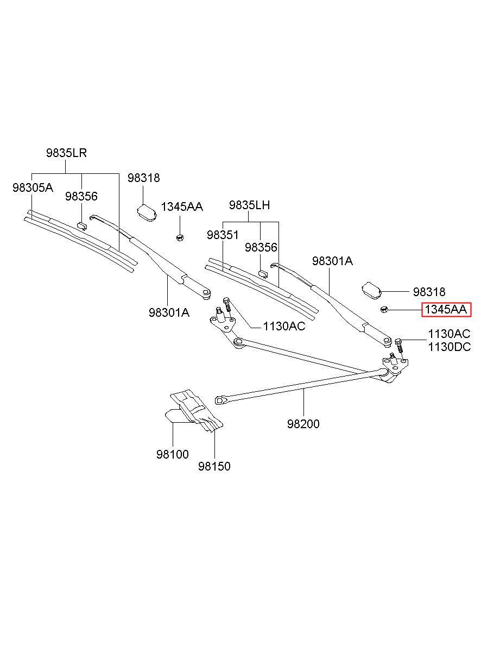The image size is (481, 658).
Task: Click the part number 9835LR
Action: (x=66, y=153)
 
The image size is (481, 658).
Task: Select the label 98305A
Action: (x=33, y=187)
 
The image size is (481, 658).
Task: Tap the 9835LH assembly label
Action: (x=249, y=205)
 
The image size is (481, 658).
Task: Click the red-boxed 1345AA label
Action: (x=446, y=310)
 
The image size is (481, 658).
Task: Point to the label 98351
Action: (x=223, y=235)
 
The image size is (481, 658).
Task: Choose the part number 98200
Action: (x=303, y=424)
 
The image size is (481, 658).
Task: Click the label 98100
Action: (x=173, y=454)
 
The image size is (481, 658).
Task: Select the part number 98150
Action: (x=214, y=466)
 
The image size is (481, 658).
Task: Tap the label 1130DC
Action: (x=450, y=347)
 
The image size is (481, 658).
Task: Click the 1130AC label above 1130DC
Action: (x=450, y=334)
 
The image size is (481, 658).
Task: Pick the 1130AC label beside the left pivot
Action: (x=284, y=326)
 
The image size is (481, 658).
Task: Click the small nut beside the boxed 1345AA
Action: (x=384, y=309)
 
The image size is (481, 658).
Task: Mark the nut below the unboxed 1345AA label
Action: (x=180, y=237)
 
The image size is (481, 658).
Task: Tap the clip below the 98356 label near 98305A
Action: (x=82, y=226)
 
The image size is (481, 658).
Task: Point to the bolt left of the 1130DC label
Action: (x=400, y=347)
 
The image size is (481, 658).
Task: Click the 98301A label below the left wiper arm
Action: (x=169, y=312)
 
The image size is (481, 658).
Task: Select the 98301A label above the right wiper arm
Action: (x=332, y=261)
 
